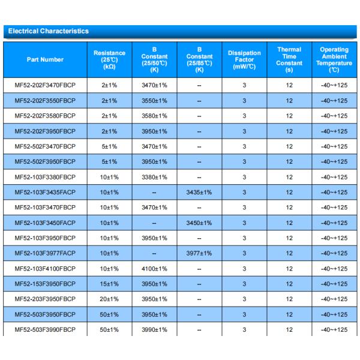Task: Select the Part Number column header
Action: tap(45, 59)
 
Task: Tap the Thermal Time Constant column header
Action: tap(289, 59)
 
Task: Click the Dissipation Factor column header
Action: tap(244, 59)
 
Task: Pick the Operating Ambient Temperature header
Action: tap(334, 59)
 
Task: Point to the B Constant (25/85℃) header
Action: tap(199, 59)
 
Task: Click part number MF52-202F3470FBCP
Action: tap(45, 86)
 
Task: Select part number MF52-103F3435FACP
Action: tap(45, 193)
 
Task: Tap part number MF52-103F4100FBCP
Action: tap(45, 268)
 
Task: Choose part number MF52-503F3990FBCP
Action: tap(45, 329)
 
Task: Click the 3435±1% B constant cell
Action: tap(199, 193)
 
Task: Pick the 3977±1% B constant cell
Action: tap(199, 253)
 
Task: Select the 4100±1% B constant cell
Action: tap(154, 268)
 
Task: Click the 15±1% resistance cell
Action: tap(109, 284)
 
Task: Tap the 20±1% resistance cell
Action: tap(109, 299)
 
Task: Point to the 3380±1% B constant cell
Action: tap(154, 177)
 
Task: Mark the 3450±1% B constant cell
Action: tap(199, 223)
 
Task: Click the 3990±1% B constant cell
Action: tap(154, 329)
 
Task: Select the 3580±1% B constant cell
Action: tap(154, 116)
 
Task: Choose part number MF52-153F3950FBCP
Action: tap(45, 284)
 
